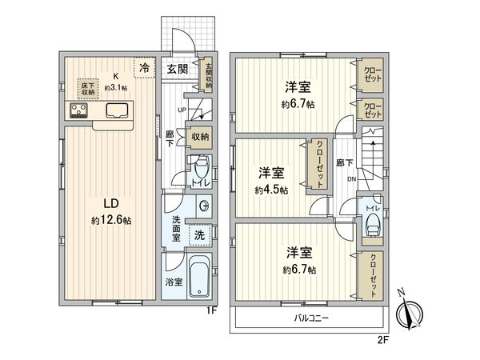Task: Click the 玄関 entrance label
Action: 178,69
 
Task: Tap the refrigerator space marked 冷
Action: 145,68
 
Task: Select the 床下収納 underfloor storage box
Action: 88,89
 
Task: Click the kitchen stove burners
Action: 78,110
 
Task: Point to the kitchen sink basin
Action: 117,110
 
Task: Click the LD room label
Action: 111,203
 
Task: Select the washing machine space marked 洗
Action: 200,234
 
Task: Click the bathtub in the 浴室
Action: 199,276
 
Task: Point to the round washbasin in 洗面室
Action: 204,206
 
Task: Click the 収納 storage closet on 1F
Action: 200,138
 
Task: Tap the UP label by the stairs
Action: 182,110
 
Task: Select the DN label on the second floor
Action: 352,179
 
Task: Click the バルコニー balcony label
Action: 311,318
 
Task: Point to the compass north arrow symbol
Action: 409,313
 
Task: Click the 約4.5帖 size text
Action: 271,190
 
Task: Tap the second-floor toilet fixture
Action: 372,225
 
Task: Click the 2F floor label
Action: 382,340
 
